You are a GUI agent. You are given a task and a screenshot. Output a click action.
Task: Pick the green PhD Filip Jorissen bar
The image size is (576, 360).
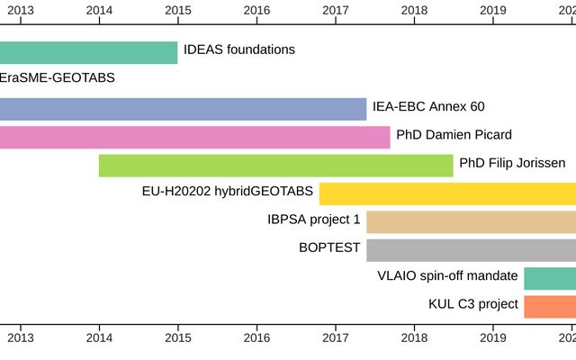275,166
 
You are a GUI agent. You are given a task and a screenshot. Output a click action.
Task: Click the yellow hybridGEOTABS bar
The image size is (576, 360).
447,193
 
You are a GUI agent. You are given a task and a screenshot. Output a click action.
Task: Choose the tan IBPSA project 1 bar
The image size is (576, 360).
471,221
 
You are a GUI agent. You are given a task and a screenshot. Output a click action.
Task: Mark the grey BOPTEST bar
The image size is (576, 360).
471,250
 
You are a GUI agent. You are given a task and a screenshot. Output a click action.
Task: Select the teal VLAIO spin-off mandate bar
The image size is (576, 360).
550,278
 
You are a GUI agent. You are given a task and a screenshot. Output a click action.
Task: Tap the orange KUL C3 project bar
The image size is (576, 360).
550,306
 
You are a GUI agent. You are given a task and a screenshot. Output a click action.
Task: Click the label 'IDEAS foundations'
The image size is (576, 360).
238,49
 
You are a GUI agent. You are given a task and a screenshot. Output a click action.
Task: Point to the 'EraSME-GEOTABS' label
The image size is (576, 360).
58,78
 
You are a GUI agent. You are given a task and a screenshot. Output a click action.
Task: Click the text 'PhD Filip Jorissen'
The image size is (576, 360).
512,163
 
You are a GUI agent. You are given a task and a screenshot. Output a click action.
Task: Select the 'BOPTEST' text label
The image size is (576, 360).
329,247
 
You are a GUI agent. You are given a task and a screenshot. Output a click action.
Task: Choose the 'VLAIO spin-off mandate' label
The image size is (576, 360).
447,276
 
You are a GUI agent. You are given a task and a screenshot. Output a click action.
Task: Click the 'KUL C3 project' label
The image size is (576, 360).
473,304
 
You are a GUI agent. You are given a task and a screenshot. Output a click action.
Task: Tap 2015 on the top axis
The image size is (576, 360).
178,10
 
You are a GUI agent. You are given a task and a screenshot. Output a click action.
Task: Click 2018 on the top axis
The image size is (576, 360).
414,10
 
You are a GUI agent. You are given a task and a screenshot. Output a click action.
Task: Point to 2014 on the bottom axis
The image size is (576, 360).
99,337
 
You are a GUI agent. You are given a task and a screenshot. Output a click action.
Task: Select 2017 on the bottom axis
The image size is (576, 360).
336,337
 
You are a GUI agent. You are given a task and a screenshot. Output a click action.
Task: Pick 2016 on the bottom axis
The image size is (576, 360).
256,337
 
